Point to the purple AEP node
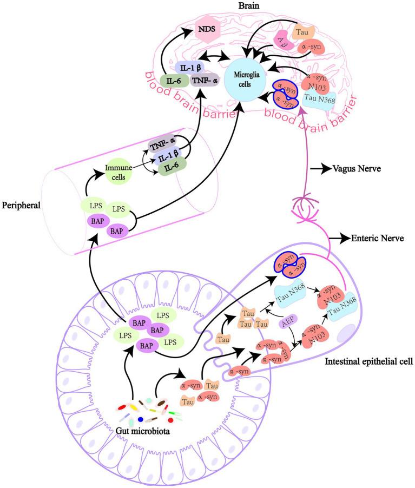(x=287, y=323)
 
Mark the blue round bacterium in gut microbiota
(x=141, y=419)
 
